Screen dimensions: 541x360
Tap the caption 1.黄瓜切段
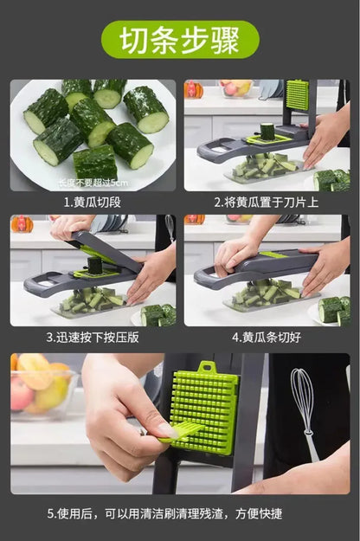tap(79, 201)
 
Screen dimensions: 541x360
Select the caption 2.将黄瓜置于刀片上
tap(267, 201)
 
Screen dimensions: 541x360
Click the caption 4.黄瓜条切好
tap(267, 336)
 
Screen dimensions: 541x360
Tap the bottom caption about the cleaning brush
tap(180, 512)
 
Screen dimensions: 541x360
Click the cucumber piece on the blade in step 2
tap(267, 132)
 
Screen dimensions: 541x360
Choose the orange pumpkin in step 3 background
tap(22, 223)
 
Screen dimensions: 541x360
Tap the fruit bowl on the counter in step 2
tap(237, 88)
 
